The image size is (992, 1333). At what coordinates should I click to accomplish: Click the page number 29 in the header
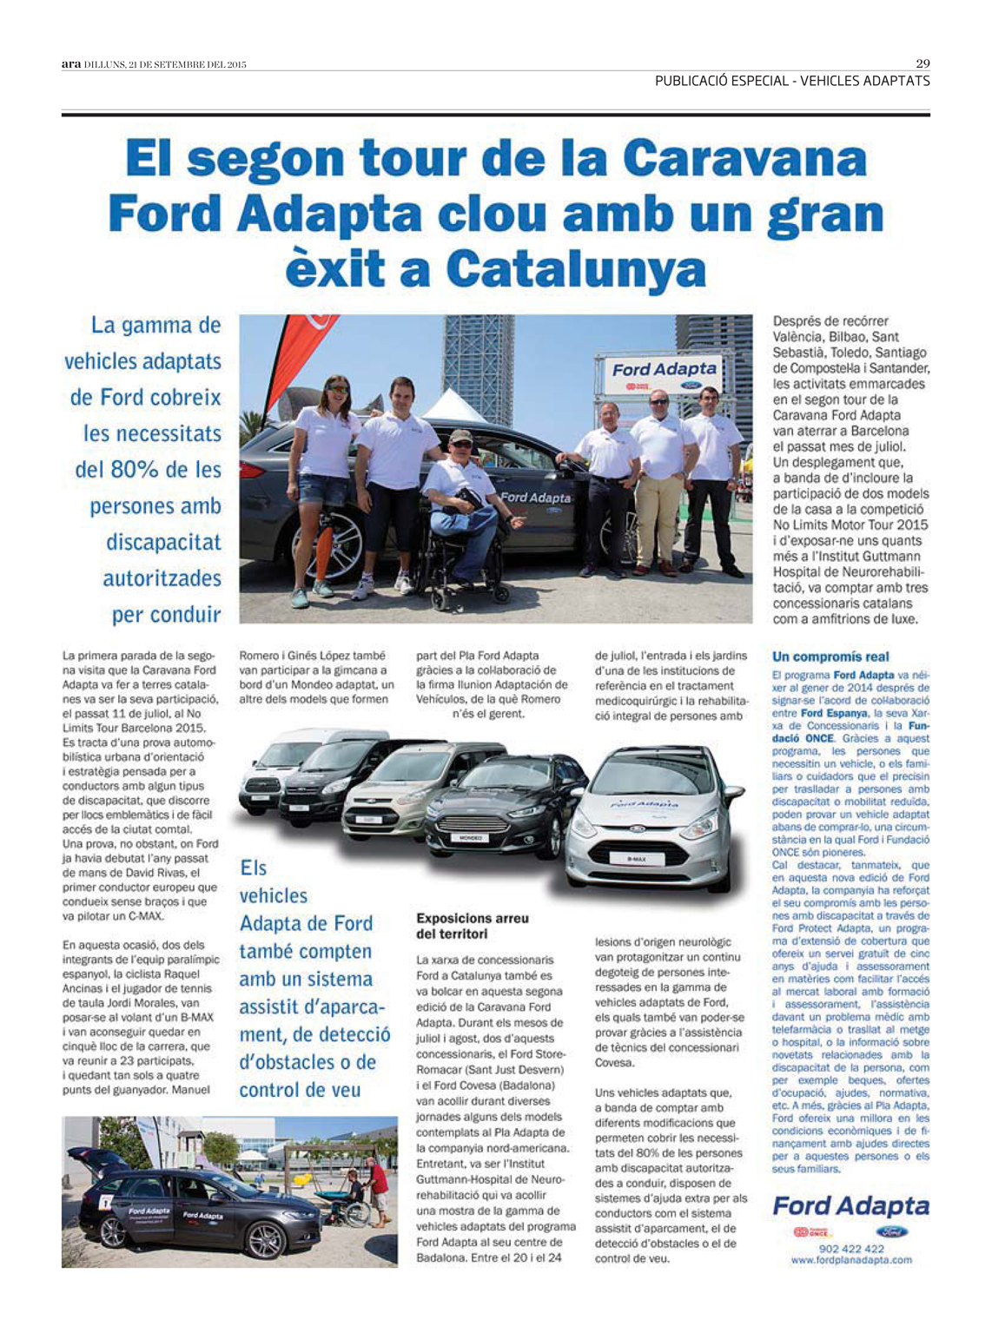point(923,63)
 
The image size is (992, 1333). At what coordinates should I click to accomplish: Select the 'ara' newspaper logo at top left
point(71,64)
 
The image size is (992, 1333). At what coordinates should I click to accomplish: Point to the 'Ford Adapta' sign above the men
point(665,371)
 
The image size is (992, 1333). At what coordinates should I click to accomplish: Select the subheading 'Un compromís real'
point(830,657)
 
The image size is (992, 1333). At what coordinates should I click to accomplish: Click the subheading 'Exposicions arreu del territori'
point(472,926)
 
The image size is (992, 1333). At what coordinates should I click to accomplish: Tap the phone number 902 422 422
point(851,1249)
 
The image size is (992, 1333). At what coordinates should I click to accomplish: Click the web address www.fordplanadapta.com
point(851,1260)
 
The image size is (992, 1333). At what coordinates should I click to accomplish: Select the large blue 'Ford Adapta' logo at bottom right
point(850,1206)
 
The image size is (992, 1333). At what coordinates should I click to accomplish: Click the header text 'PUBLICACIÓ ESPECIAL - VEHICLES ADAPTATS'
point(792,81)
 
